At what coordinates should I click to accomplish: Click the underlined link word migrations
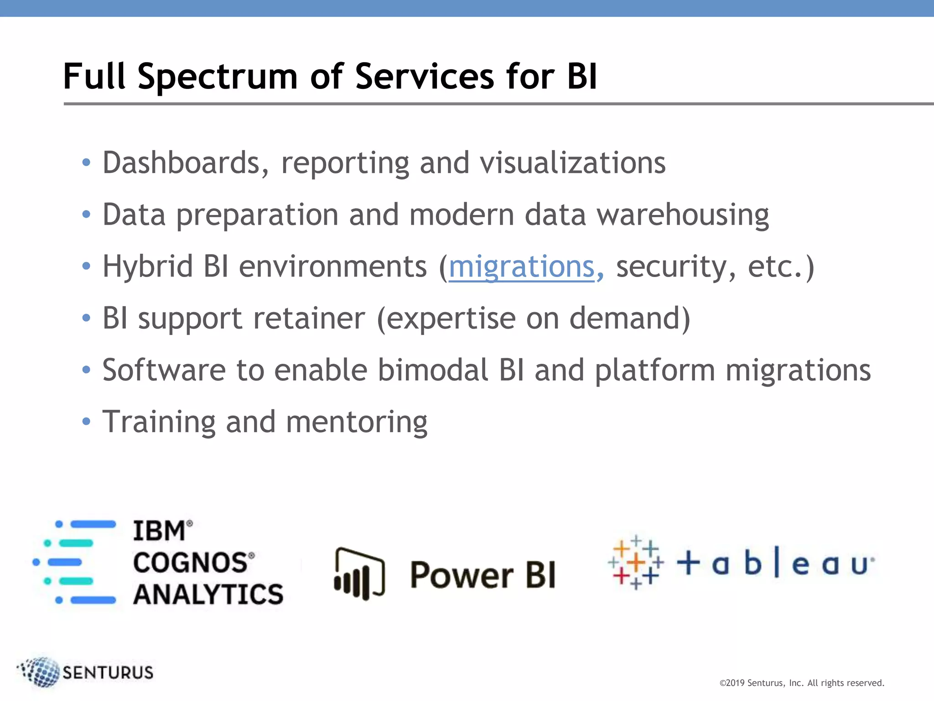(x=522, y=267)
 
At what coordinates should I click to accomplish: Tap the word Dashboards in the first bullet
(x=182, y=163)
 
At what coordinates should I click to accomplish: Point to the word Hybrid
(x=147, y=267)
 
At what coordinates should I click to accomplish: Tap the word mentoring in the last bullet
(x=356, y=422)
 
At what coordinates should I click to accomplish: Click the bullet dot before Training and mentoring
(x=86, y=421)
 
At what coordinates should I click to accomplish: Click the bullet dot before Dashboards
(x=86, y=162)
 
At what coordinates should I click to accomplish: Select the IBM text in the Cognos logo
(x=159, y=531)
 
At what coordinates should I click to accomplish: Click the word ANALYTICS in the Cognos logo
(x=208, y=595)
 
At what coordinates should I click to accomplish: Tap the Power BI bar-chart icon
(x=359, y=574)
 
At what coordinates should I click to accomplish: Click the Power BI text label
(x=483, y=575)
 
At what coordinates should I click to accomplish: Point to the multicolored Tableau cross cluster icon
(x=636, y=562)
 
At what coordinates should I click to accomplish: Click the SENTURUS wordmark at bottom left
(x=108, y=673)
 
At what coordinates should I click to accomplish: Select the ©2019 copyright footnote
(x=801, y=683)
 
